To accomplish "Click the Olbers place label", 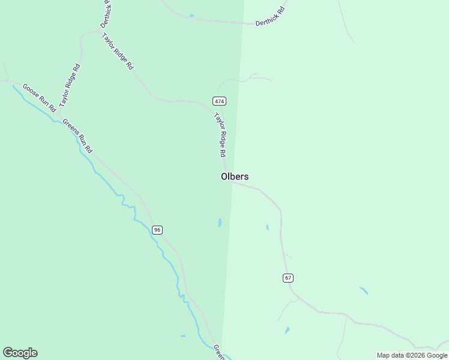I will [234, 176].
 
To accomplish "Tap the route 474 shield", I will [219, 101].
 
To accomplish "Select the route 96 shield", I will [157, 230].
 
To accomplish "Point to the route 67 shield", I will [288, 278].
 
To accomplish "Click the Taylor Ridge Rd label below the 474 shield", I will [220, 136].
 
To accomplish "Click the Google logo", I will [20, 353].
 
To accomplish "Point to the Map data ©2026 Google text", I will [412, 355].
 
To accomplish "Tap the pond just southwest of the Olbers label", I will [220, 223].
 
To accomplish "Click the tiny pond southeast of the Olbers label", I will [267, 227].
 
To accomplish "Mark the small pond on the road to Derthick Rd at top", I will [191, 16].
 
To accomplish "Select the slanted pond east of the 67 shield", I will [364, 291].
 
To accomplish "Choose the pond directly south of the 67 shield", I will [288, 330].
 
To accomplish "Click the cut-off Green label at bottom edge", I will [219, 352].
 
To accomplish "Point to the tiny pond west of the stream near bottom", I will [182, 336].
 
